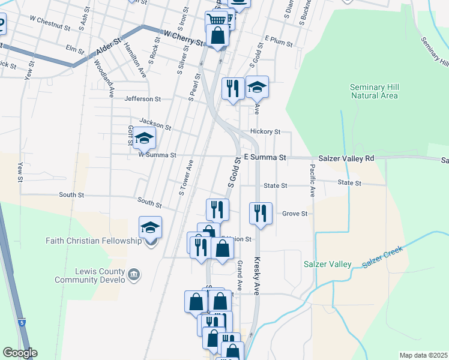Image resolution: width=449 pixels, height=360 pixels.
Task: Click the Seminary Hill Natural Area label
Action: (x=374, y=91)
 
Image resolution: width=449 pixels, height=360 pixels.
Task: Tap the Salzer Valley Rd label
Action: (x=346, y=158)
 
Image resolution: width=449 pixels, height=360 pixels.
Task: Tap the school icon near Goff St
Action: (x=144, y=139)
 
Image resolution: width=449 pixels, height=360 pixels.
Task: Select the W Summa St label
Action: (x=157, y=155)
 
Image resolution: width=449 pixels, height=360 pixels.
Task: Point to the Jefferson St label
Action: (x=143, y=99)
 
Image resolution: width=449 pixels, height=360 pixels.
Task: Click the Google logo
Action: (x=20, y=353)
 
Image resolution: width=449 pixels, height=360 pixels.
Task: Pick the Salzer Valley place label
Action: (x=327, y=264)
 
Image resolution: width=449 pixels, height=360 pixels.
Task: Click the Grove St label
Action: (x=295, y=213)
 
